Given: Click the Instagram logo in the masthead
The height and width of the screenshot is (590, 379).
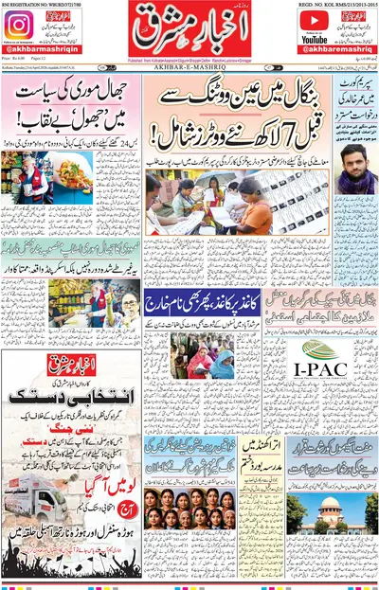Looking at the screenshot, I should point(19,25).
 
